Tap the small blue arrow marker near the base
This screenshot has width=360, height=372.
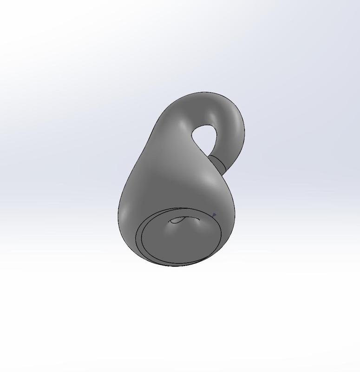214,215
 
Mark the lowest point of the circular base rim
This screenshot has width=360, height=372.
177,266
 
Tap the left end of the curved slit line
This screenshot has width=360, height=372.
171,221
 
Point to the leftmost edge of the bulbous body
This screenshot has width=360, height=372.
119,212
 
